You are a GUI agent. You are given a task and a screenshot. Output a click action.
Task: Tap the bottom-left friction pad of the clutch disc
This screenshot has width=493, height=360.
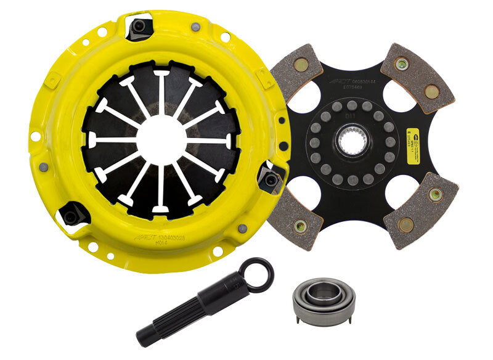coord(296,216)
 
